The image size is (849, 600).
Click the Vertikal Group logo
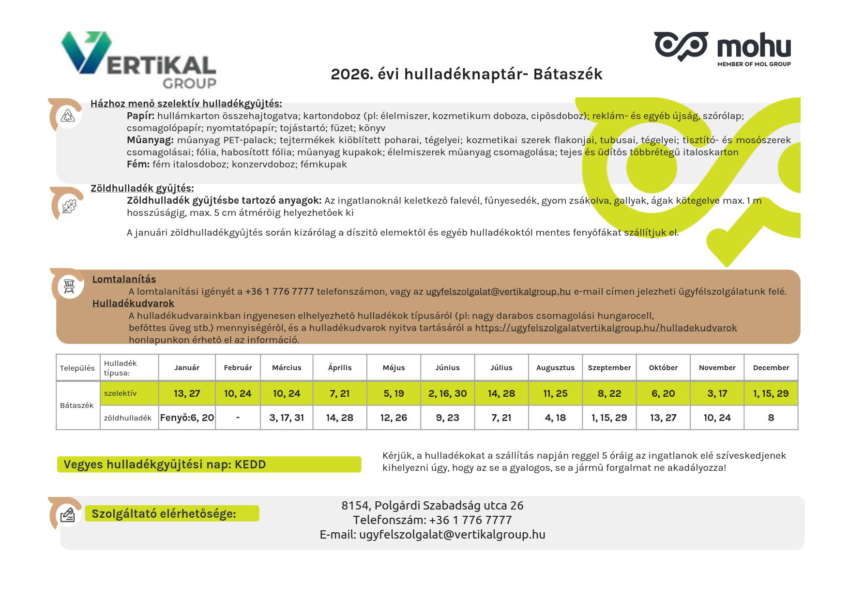click(x=139, y=60)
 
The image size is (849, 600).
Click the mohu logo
click(x=723, y=47)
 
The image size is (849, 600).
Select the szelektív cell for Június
click(x=447, y=393)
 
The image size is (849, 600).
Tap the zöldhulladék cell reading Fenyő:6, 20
click(x=187, y=418)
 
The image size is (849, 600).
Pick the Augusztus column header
click(x=555, y=368)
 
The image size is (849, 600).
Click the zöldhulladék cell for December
click(x=771, y=418)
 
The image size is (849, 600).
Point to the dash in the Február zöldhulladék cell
click(x=238, y=418)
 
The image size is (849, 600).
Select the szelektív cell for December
click(x=771, y=393)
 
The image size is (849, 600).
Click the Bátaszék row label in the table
click(x=77, y=405)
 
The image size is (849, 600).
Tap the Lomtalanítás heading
click(x=124, y=279)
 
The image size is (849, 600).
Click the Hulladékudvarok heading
click(x=133, y=303)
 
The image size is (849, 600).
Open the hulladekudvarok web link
click(x=606, y=328)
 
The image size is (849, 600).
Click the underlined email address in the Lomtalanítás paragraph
click(x=498, y=291)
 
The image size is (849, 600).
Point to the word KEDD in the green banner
click(x=250, y=465)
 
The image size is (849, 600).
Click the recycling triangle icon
click(x=68, y=116)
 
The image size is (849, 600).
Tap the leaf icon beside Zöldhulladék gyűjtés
click(x=69, y=206)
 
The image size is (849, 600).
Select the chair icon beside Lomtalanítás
click(x=69, y=286)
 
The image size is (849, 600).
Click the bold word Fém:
click(x=138, y=164)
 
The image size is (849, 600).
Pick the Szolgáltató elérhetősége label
click(x=164, y=513)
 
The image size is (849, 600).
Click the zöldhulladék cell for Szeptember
click(x=609, y=418)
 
